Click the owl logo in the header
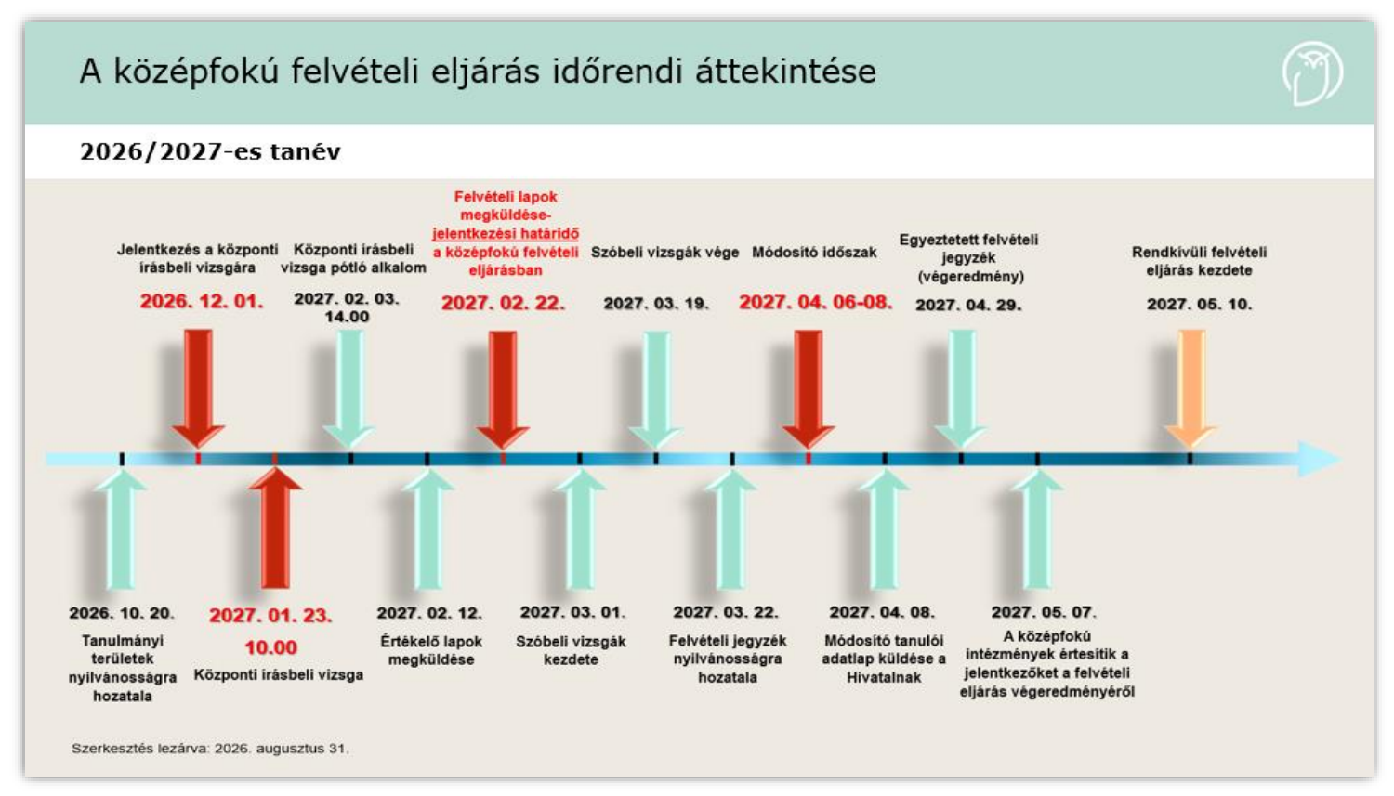[x=1312, y=73]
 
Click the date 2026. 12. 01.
[x=202, y=302]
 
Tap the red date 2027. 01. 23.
[x=270, y=616]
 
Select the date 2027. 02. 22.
[x=504, y=304]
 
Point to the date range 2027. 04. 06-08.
[x=815, y=302]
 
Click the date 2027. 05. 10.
[x=1199, y=304]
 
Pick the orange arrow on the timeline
[x=1191, y=388]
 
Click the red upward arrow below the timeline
[x=275, y=528]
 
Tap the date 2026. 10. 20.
[x=122, y=613]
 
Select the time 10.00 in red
[x=270, y=647]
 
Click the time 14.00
[x=347, y=317]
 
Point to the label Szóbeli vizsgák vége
[x=664, y=253]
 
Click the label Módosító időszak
[x=814, y=253]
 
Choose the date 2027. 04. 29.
[x=968, y=306]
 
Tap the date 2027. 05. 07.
[x=1044, y=612]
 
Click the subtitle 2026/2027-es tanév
[x=210, y=151]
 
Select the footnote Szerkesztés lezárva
[x=210, y=749]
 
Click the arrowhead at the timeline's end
[x=1320, y=460]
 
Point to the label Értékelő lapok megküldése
[x=430, y=650]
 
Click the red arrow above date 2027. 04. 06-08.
[x=809, y=389]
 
